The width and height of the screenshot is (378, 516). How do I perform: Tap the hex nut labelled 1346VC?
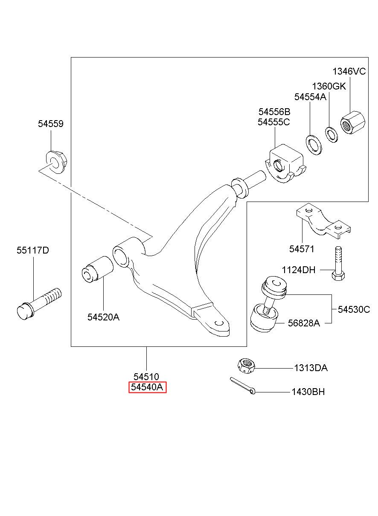click(x=353, y=122)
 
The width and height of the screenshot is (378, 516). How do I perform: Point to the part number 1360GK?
click(x=329, y=86)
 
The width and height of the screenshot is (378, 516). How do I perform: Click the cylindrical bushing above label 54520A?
click(x=98, y=268)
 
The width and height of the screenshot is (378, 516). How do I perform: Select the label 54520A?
click(x=103, y=317)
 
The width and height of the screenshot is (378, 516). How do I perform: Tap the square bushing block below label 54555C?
click(x=285, y=163)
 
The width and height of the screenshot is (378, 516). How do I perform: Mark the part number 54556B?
click(x=274, y=112)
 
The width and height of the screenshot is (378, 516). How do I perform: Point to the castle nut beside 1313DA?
click(x=246, y=366)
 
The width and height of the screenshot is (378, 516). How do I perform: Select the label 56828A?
click(x=304, y=323)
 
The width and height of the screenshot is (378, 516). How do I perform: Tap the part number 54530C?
click(x=354, y=309)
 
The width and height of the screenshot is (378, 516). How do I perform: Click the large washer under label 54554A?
click(x=314, y=145)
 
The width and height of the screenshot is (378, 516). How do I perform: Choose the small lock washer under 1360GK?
click(x=331, y=134)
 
